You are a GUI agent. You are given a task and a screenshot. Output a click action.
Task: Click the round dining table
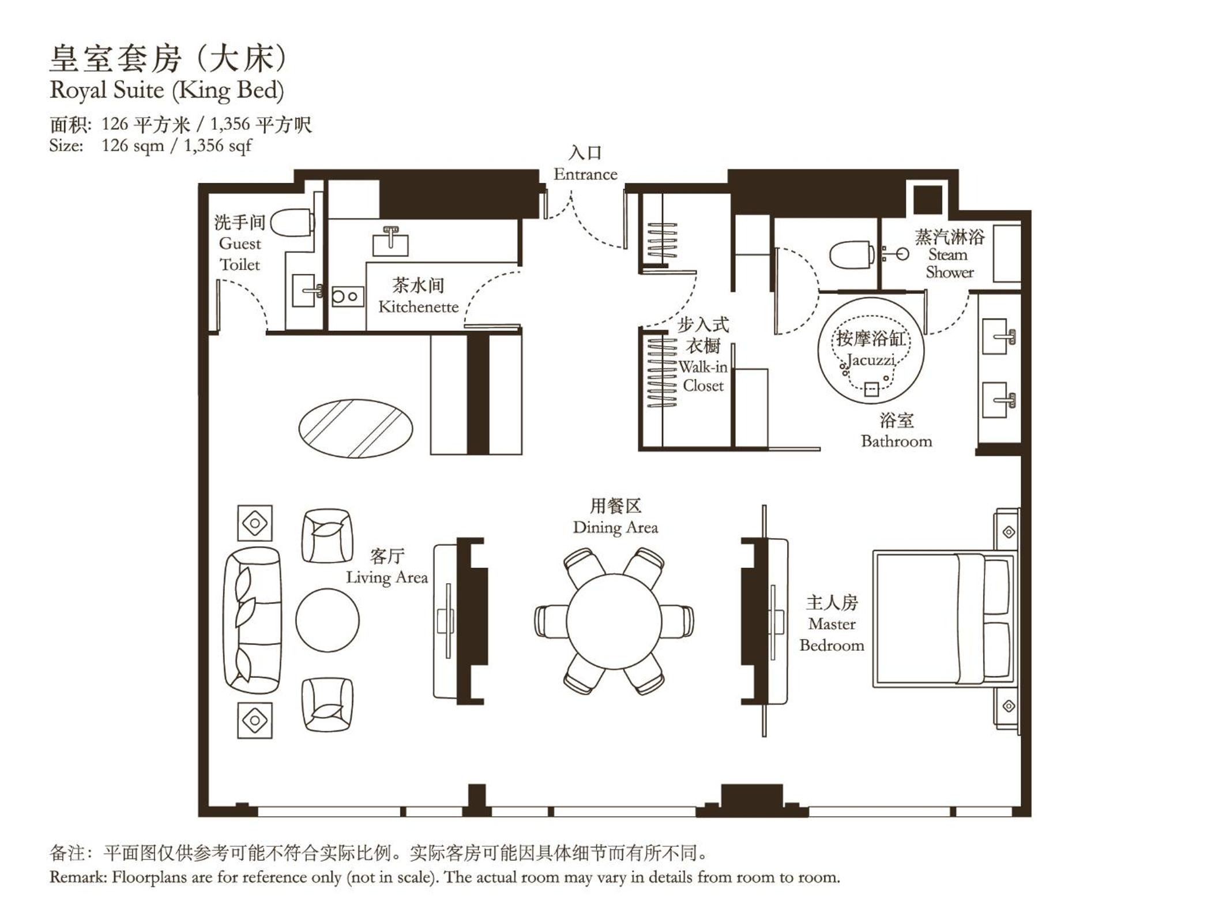[614, 621]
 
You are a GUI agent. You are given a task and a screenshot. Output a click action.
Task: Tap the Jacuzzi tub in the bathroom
[871, 351]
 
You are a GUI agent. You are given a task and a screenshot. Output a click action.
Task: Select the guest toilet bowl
[292, 223]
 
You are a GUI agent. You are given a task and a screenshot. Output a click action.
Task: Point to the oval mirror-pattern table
[356, 429]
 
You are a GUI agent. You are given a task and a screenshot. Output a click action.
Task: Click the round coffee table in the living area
[328, 620]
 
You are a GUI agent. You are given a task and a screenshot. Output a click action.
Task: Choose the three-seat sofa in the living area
[253, 621]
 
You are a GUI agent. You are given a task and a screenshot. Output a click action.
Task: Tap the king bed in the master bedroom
[945, 619]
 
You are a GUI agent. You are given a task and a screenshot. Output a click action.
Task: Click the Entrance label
[585, 174]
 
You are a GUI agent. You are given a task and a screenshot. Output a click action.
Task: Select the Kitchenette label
[419, 307]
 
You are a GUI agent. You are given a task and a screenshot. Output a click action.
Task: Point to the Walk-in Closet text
[703, 376]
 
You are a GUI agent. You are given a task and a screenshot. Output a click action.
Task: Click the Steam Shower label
[949, 263]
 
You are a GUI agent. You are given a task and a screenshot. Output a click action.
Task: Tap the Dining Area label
[615, 527]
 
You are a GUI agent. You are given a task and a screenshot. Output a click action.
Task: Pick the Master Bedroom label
[832, 634]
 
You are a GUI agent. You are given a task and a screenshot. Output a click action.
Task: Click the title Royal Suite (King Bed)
[167, 91]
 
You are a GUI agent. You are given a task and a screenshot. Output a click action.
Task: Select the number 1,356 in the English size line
[204, 145]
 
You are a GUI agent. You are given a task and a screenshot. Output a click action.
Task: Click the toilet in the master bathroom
[851, 254]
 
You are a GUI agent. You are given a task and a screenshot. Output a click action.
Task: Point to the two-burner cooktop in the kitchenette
[348, 297]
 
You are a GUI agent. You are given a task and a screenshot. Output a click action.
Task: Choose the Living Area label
[387, 577]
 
